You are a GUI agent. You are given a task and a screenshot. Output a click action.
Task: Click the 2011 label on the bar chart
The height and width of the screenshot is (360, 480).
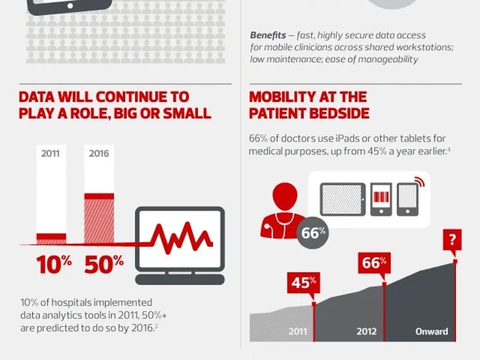tap(50, 153)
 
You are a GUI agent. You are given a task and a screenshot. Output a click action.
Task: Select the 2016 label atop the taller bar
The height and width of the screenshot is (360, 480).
tap(99, 153)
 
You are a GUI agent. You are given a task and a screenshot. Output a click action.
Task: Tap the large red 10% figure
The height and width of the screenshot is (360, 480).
tap(54, 264)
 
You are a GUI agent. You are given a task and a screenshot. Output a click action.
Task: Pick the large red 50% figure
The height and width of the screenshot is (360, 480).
tap(104, 264)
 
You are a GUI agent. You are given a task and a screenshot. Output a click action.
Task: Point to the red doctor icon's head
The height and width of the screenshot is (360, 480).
tap(284, 196)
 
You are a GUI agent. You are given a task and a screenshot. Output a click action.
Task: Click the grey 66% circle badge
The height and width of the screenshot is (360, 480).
tap(313, 233)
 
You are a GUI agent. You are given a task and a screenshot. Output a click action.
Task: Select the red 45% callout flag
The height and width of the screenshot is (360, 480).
tap(304, 283)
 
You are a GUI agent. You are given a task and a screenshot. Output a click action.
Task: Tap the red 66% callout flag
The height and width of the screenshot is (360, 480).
tap(374, 263)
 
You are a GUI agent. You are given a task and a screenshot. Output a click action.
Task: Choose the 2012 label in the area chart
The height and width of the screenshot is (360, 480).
tap(367, 332)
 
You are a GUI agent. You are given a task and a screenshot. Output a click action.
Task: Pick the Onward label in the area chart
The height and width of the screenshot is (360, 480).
tap(431, 332)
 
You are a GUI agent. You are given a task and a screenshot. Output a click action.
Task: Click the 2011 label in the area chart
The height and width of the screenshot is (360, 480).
tap(298, 332)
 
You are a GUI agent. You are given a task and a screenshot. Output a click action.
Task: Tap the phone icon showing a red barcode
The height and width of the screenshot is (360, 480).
tap(381, 200)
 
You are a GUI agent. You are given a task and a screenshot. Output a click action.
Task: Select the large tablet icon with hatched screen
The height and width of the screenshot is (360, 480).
tap(343, 200)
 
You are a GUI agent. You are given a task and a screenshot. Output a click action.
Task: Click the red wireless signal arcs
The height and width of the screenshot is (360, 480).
tap(419, 182)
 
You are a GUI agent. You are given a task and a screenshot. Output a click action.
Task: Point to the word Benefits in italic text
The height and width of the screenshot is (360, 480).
tap(268, 35)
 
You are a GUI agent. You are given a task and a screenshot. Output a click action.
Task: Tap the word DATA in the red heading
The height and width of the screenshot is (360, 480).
tap(37, 97)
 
